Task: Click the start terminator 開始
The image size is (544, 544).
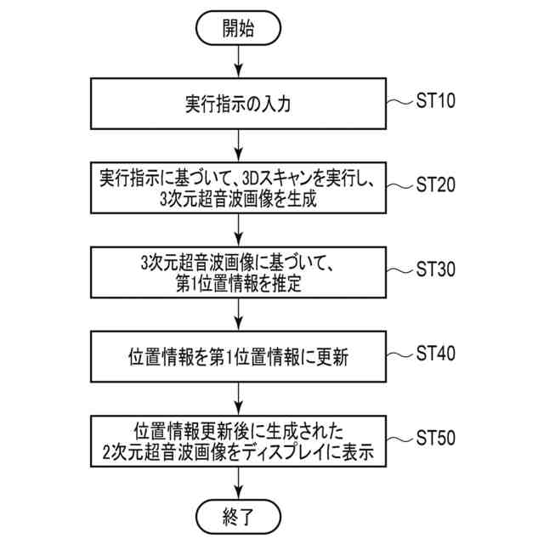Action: tap(238, 28)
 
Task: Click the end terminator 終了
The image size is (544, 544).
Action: tap(238, 515)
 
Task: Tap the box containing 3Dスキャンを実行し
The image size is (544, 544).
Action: tap(238, 188)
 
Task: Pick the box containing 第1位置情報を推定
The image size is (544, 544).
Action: tap(238, 271)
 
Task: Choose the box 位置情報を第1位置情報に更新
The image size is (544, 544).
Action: tap(238, 354)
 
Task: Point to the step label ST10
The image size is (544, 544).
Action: tap(436, 102)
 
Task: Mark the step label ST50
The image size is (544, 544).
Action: tap(436, 437)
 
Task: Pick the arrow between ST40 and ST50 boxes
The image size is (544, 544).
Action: tap(238, 396)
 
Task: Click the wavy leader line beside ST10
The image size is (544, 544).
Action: tap(399, 103)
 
